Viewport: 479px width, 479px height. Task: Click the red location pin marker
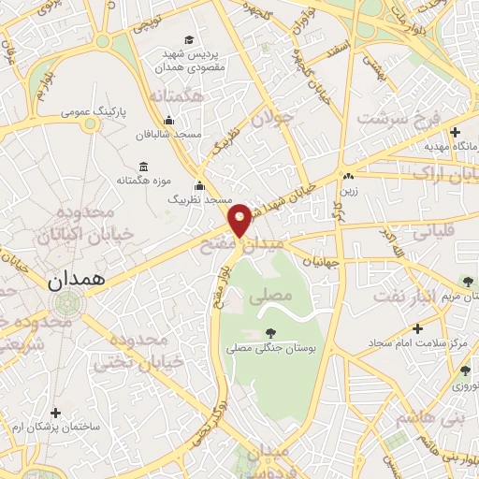coord(240,219)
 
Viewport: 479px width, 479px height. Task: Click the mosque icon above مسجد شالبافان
coord(168,121)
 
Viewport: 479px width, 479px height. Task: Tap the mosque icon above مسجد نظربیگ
coord(198,185)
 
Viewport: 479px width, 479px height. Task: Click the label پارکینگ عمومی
coord(92,111)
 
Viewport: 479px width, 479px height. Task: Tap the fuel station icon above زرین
coord(347,175)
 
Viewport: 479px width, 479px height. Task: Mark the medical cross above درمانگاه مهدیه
coord(455,132)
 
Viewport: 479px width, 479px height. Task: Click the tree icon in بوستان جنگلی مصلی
coord(270,332)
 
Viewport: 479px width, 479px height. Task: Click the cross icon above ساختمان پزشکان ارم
coord(56,412)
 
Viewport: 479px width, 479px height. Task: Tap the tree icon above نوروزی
coord(465,370)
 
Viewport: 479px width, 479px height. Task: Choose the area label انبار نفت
coord(406,296)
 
